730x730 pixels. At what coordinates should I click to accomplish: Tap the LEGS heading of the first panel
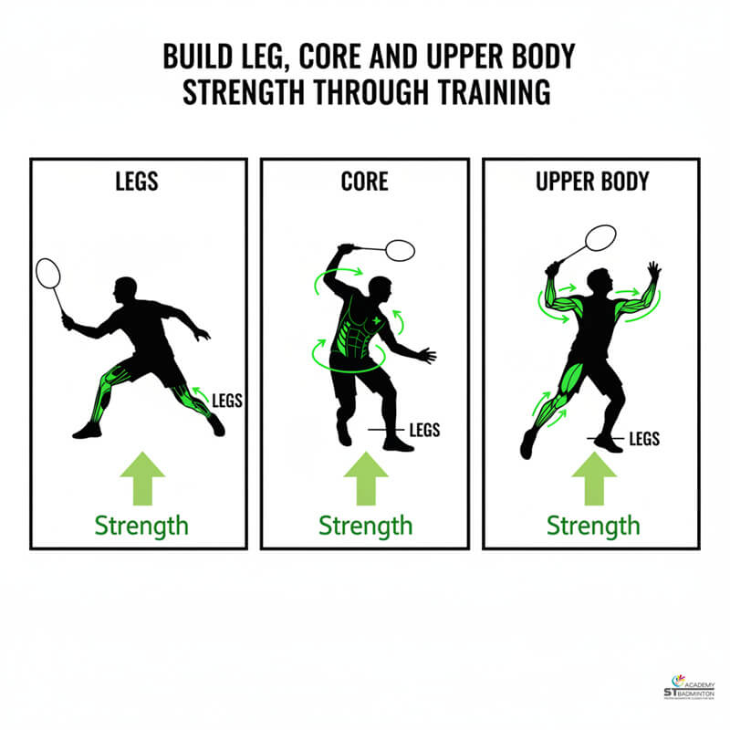point(138,181)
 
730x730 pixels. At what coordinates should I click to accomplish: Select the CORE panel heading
point(364,181)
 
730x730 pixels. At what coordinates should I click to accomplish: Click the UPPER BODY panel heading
point(592,181)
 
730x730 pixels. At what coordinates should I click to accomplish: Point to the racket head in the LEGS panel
point(48,272)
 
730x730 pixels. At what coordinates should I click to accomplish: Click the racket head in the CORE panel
point(399,249)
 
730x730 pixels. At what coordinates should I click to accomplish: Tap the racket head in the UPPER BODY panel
point(600,236)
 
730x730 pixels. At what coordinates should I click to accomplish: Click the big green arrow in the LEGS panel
point(142,477)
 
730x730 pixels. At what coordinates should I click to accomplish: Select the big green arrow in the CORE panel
point(365,477)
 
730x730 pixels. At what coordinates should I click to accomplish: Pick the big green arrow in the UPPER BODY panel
point(593,477)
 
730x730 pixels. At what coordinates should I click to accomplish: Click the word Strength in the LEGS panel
point(142,526)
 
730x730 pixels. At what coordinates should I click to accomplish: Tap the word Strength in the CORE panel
point(365,526)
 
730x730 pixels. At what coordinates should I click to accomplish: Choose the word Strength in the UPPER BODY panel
point(593,526)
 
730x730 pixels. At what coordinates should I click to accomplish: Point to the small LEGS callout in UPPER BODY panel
point(643,439)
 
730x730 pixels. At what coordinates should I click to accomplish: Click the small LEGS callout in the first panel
point(226,399)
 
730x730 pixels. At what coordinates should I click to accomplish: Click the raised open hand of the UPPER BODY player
point(652,270)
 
